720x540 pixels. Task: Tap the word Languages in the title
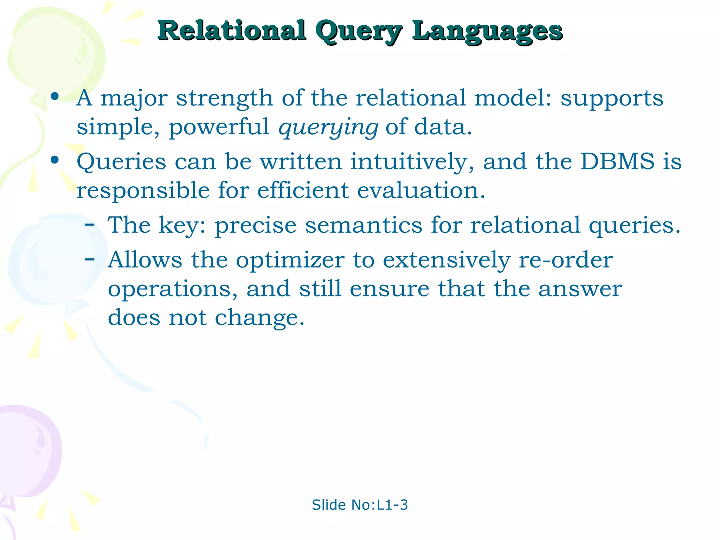pos(487,32)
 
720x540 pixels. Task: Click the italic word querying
pos(328,127)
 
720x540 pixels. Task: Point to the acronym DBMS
pos(617,162)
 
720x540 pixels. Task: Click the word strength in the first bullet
pos(224,98)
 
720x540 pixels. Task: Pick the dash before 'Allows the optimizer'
pos(90,259)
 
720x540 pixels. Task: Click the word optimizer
pos(290,261)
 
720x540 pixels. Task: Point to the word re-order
pos(566,261)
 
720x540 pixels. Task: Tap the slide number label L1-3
pos(392,505)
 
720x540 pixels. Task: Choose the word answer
pos(580,289)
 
